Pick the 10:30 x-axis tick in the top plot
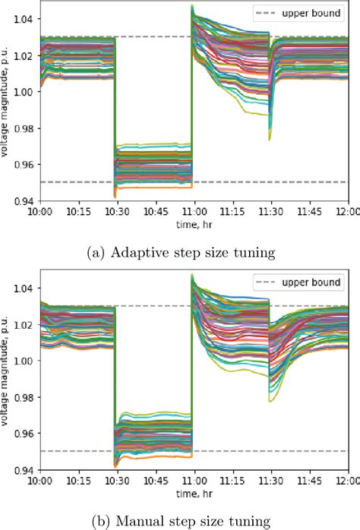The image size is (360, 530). [x=115, y=212]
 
